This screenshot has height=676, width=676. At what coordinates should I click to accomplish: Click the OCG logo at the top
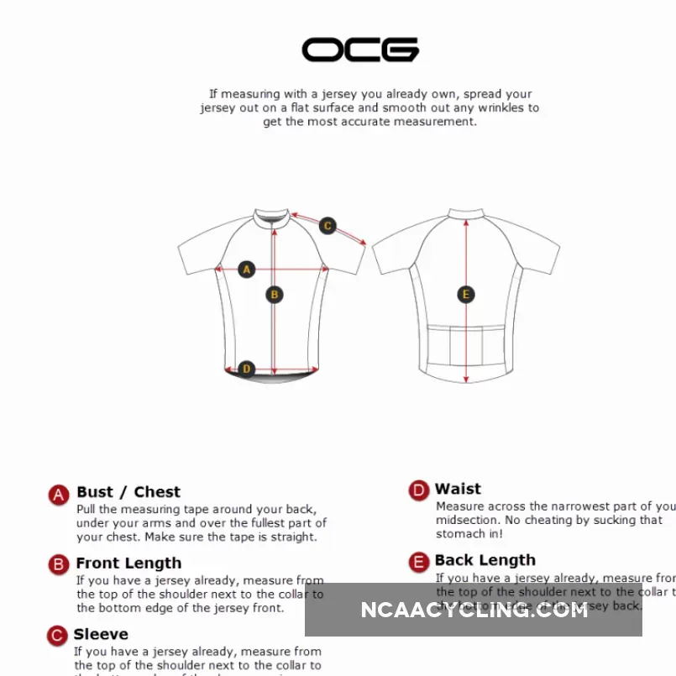360,50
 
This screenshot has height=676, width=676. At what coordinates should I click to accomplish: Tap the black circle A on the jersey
246,270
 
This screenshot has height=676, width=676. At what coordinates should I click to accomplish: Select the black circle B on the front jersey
274,295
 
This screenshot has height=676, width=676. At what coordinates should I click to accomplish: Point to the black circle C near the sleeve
328,225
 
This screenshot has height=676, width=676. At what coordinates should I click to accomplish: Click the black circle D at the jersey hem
246,368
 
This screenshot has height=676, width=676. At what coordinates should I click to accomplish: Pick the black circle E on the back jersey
466,295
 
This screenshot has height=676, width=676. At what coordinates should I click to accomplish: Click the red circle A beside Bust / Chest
58,495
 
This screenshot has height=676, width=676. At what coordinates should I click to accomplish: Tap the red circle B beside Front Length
58,564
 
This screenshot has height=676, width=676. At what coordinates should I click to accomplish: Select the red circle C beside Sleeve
57,636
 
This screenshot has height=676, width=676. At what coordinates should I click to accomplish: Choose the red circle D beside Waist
418,490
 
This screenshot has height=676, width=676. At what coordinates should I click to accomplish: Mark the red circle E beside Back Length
418,562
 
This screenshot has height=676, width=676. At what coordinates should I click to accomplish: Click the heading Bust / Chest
128,492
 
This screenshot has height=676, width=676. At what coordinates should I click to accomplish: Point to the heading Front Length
128,563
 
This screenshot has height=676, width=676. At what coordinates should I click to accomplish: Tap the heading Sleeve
101,634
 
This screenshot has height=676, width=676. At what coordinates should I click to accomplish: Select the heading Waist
458,489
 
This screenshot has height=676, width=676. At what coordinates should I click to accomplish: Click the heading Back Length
485,560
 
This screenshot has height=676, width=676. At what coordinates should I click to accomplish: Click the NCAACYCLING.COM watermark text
474,610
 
